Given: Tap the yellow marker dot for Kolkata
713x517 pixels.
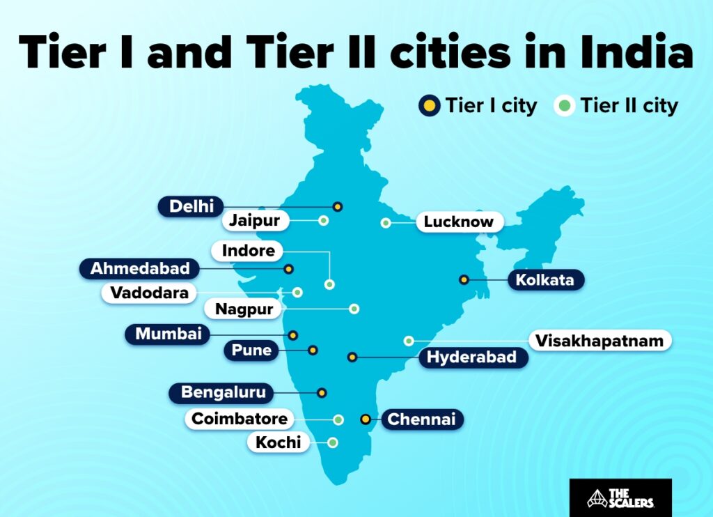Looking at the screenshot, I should (464, 279).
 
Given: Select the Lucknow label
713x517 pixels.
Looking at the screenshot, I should (459, 222).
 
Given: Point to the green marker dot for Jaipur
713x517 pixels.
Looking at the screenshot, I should (323, 221).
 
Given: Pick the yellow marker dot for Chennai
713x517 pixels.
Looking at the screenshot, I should (365, 419).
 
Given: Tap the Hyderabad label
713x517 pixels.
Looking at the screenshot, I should (471, 358).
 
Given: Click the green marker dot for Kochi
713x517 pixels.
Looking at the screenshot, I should (333, 442).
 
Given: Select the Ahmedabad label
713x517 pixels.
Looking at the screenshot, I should (140, 268).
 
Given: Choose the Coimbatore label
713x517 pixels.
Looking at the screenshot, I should (239, 419).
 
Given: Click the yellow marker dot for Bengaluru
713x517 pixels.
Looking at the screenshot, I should (322, 393).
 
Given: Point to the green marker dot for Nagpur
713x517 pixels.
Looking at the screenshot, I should (354, 309).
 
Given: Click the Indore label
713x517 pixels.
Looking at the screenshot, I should (248, 250).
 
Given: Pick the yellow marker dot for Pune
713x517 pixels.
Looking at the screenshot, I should (313, 350).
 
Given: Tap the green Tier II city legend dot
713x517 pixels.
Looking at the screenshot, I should (565, 106).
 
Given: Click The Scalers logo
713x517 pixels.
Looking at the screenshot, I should (620, 497).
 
